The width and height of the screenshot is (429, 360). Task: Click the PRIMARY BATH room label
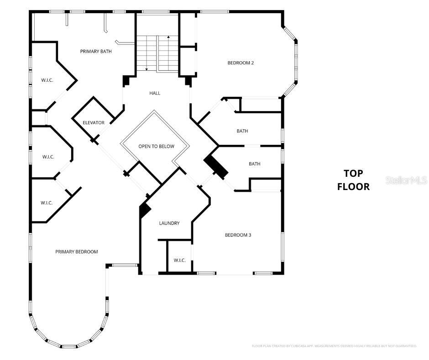96,52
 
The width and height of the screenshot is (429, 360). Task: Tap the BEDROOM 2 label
241,63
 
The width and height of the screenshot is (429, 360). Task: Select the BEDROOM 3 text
238,235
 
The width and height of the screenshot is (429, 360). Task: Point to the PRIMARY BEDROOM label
77,252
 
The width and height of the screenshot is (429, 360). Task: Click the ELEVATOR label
94,122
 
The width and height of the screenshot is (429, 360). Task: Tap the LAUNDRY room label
169,223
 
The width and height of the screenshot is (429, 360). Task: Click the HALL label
155,93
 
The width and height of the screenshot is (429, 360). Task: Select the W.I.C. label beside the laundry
179,260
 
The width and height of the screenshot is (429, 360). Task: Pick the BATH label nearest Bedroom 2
242,131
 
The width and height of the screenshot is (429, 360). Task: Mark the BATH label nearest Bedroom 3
254,164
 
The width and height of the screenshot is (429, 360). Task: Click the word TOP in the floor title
353,173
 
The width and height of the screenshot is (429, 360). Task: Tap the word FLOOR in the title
353,186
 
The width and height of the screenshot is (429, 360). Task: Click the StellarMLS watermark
406,180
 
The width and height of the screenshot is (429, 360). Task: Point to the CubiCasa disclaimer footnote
334,346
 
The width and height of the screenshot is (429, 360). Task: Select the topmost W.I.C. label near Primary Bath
47,80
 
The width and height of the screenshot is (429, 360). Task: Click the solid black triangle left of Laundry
145,211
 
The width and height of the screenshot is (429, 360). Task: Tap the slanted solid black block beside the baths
215,167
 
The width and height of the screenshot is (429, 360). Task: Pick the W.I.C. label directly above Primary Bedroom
47,202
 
